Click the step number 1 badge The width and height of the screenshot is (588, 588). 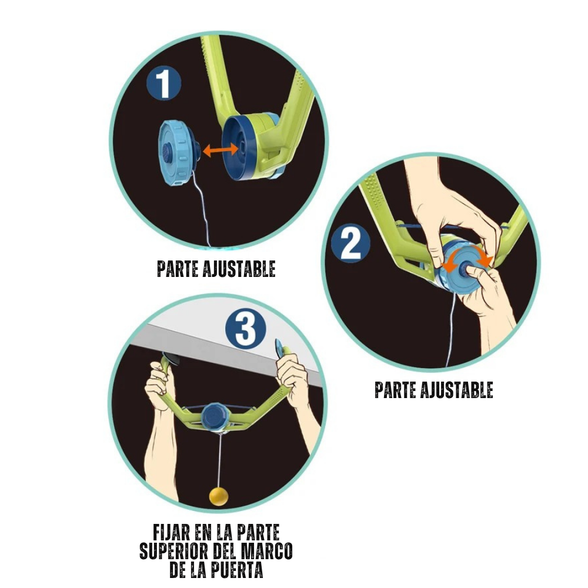point(163,83)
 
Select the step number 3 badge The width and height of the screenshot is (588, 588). point(246,329)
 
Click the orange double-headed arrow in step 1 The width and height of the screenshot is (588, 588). point(220,150)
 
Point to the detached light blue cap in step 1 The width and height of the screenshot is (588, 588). point(178,153)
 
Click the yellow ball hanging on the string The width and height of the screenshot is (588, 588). point(219,496)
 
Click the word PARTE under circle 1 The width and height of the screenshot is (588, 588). point(178,269)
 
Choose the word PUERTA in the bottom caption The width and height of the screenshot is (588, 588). point(236,570)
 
